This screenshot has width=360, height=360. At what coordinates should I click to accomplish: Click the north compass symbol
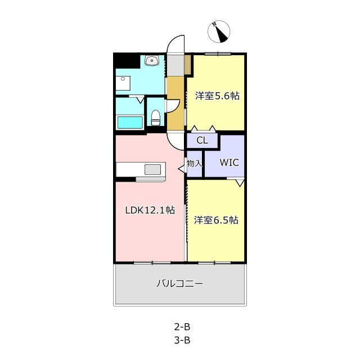(219, 31)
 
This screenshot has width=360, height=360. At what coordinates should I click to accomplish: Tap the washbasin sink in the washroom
(151, 61)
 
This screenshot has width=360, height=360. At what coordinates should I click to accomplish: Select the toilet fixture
(156, 118)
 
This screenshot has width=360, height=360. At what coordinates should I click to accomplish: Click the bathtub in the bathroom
(130, 123)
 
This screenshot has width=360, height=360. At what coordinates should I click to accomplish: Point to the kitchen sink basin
(152, 169)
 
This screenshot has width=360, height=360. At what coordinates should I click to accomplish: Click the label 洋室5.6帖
(217, 96)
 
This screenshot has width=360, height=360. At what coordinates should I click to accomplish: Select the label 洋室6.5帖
(216, 220)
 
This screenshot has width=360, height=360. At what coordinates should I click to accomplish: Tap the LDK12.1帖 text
(150, 210)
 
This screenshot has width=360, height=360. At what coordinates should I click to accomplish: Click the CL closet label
(202, 140)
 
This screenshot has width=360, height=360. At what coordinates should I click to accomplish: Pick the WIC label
(229, 163)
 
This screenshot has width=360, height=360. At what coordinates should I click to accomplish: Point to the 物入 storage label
(195, 164)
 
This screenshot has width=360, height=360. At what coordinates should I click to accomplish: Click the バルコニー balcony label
(179, 283)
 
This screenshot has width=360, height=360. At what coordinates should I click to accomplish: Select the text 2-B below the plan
(182, 327)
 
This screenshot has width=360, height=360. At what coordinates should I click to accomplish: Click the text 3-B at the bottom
(182, 340)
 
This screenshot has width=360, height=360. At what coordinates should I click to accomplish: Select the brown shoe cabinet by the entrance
(188, 65)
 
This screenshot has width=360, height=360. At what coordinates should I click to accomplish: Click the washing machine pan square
(123, 83)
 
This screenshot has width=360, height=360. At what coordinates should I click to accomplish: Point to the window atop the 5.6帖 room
(218, 54)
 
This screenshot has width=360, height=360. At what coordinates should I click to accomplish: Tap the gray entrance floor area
(175, 65)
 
